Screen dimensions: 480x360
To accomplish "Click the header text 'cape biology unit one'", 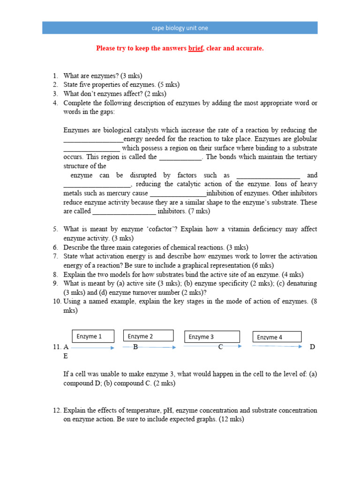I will coord(180,28).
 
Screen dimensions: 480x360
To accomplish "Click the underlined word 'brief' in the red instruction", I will coord(195,48).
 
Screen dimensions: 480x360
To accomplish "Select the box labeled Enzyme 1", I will coord(93,336).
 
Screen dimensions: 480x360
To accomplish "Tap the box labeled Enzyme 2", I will coord(148,336).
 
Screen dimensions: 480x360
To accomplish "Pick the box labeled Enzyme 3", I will coord(212,337).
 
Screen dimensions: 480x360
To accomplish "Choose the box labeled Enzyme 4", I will coord(277,337).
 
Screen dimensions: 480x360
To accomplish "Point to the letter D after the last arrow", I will coord(313,347).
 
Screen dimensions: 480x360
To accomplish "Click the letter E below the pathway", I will coord(66,356).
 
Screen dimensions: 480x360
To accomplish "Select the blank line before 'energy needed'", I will coord(93,140).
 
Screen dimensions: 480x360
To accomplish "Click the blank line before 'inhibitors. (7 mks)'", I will coord(124,212).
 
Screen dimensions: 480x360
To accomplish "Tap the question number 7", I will coord(55,256).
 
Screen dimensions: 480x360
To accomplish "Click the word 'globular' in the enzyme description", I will coord(305,139).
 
